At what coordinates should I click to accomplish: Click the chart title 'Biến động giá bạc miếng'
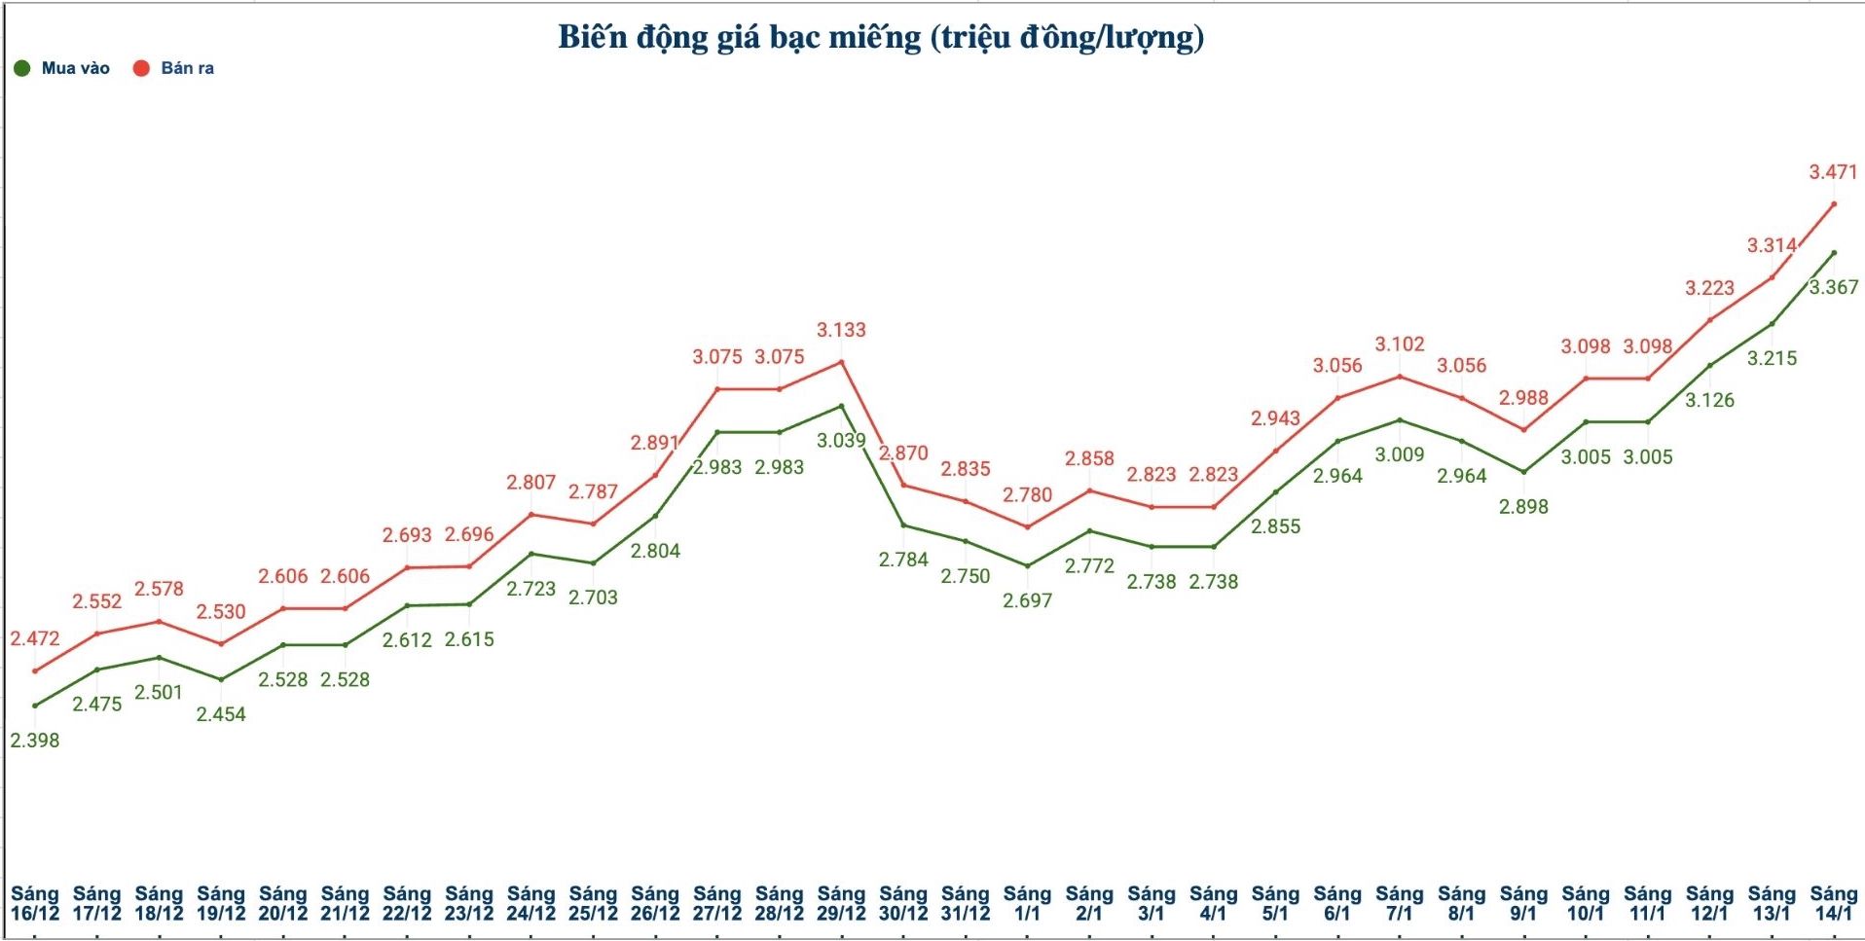880,37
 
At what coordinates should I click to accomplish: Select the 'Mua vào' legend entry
63,68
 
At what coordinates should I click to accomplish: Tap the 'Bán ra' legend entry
174,68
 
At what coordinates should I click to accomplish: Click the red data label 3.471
1833,172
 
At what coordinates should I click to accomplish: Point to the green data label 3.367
1834,287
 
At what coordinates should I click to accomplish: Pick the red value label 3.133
841,330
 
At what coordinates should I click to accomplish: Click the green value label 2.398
35,741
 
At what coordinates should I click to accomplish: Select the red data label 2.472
35,638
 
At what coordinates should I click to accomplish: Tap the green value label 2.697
1028,600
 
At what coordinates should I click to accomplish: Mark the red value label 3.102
1400,344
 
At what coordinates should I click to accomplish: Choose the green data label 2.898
1523,506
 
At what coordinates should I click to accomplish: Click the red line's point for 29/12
841,362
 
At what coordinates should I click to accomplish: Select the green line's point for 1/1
1028,565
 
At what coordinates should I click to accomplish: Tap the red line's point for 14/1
1834,204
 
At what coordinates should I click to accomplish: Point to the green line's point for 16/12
35,706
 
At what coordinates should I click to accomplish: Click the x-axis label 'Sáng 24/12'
530,903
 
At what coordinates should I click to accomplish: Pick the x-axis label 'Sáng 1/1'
1028,903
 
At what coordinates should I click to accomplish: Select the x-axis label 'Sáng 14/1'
1834,903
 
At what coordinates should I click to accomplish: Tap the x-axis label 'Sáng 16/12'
35,903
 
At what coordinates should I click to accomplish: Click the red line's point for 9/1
1523,429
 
